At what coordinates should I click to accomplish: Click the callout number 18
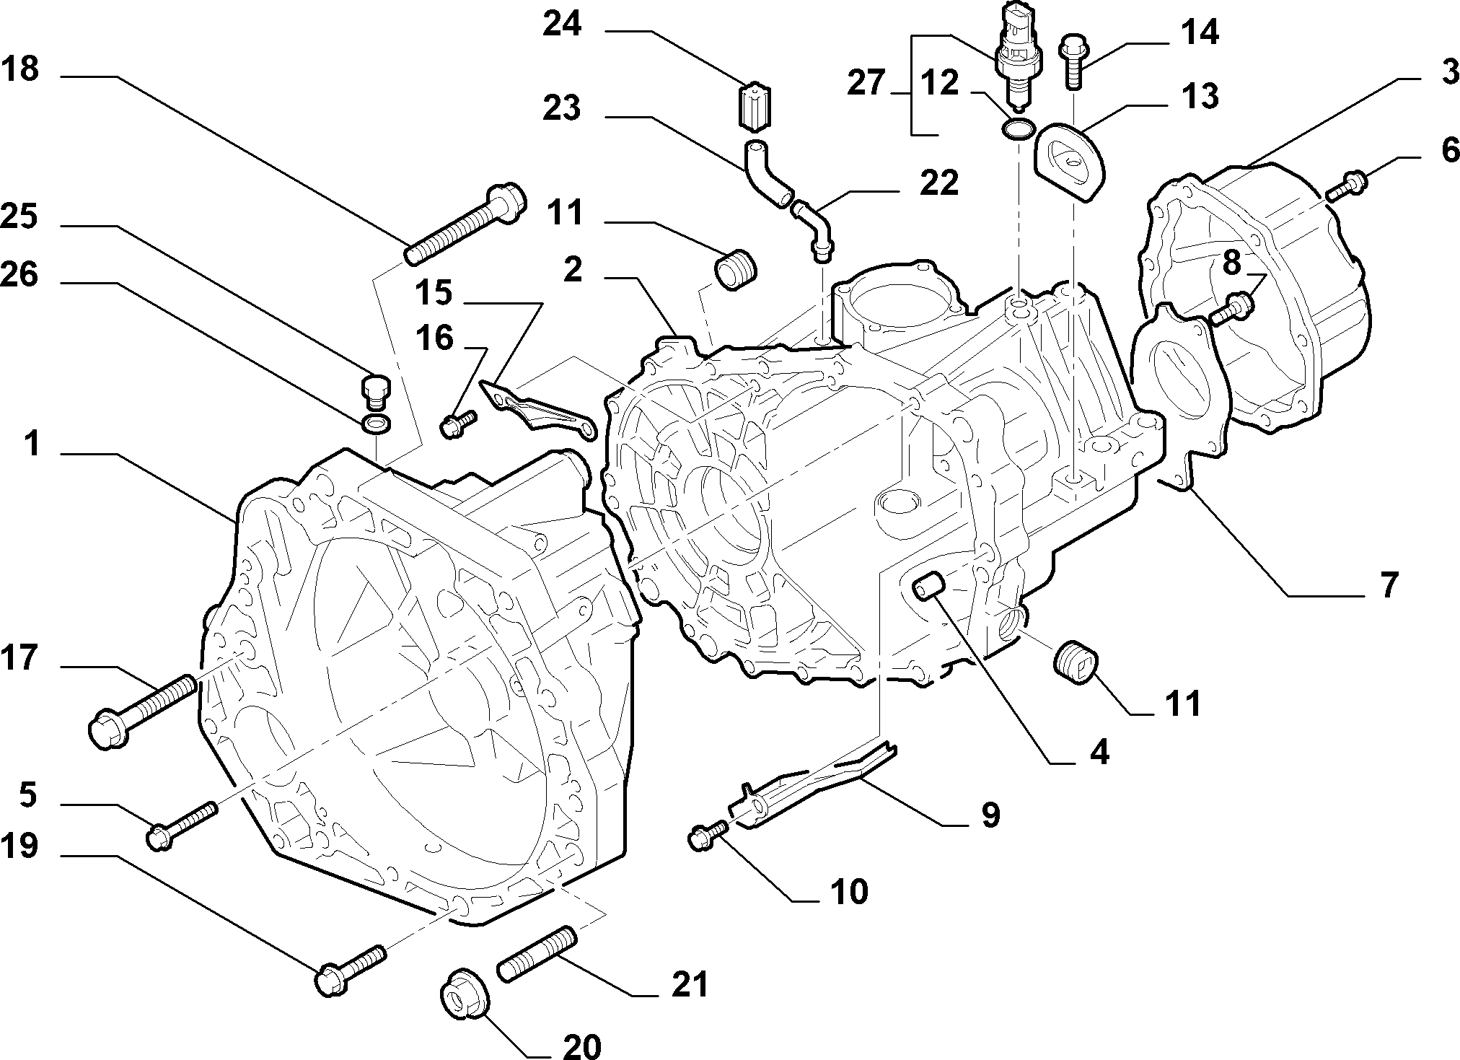[20, 71]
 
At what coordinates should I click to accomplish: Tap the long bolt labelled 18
[466, 225]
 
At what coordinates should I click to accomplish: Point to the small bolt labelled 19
[351, 971]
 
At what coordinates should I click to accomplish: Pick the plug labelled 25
[375, 392]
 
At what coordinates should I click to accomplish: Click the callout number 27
[866, 84]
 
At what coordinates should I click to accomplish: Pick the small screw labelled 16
[458, 424]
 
